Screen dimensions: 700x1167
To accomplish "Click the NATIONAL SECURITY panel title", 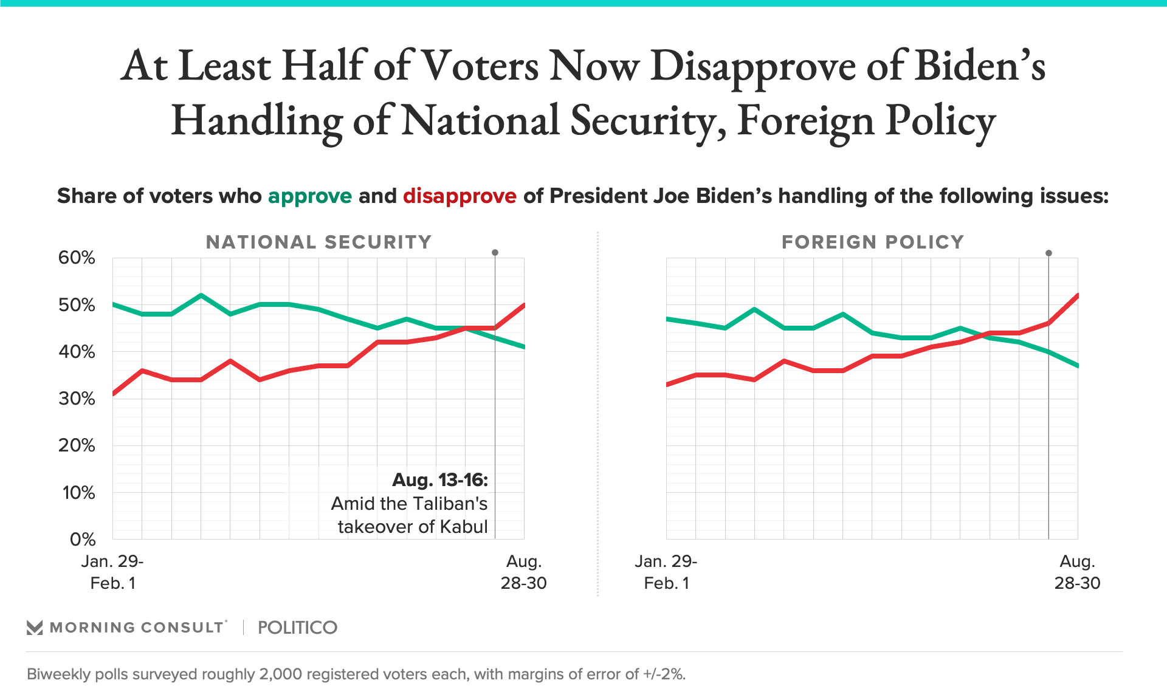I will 318,242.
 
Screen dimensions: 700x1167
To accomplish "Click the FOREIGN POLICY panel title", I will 872,242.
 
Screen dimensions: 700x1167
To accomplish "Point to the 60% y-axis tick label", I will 77,258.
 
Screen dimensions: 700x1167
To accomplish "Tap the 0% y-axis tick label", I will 83,539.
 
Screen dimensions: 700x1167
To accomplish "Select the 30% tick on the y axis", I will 77,399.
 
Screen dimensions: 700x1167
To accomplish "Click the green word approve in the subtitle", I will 309,196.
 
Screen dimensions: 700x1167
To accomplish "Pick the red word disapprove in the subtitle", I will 460,196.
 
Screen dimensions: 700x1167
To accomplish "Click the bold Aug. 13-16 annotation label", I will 440,480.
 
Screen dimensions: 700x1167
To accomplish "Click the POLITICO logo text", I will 297,628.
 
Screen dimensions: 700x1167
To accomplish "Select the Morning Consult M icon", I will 35,628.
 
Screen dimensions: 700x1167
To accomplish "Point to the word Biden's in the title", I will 980,66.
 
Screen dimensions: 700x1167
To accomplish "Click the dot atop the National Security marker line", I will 495,252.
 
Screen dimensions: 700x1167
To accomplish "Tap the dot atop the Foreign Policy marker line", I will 1048,253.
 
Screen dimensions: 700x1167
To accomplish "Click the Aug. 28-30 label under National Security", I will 523,572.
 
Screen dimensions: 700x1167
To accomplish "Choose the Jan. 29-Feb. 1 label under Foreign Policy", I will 666,572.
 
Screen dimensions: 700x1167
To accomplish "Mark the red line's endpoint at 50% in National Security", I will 524,305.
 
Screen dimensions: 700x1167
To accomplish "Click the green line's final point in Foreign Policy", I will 1077,366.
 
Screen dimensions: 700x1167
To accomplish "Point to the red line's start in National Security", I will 114,394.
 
